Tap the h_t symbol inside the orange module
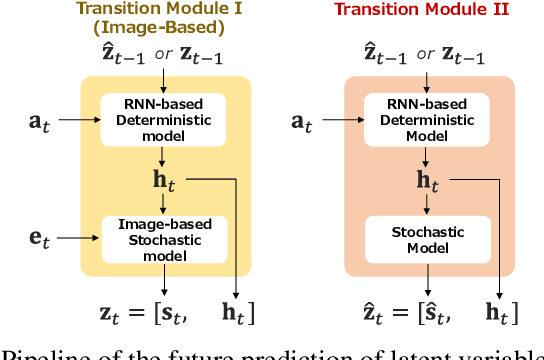(427, 180)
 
